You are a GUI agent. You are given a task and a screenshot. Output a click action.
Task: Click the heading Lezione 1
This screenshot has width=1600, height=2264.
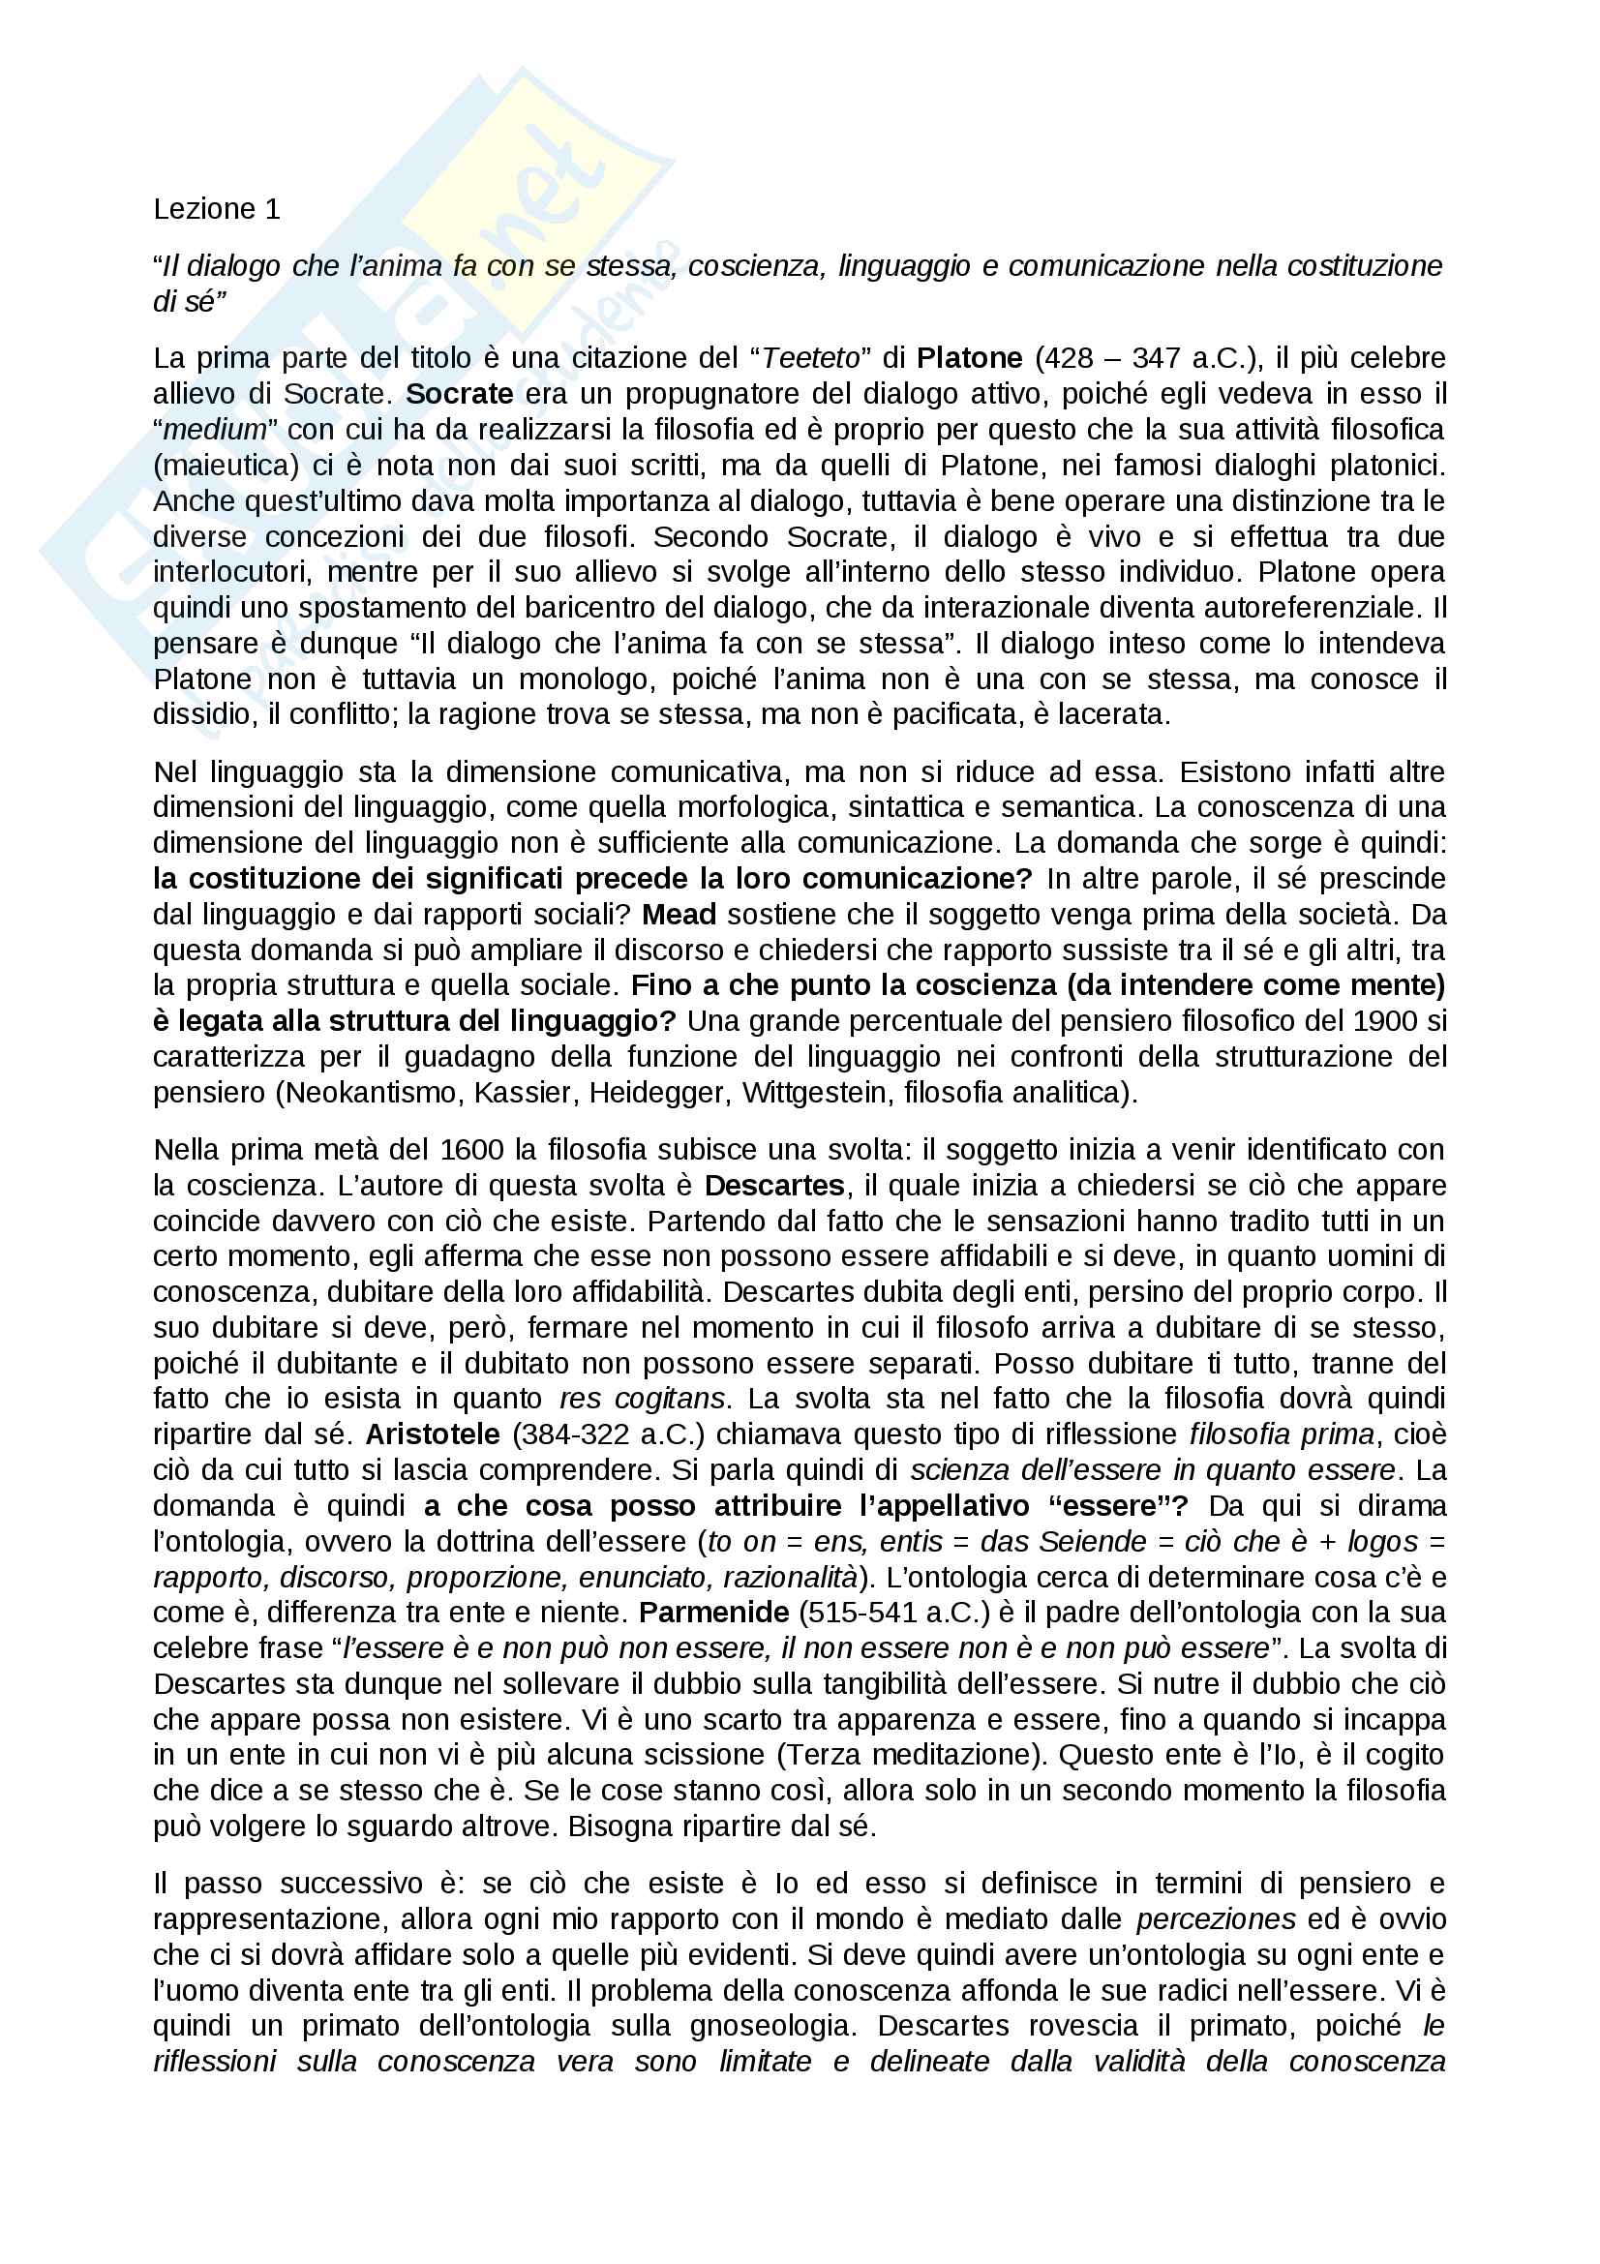coord(216,209)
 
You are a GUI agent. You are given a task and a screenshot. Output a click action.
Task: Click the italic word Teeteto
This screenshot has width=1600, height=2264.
coord(811,358)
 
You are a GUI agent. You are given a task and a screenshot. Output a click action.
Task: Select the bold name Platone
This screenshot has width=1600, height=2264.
coord(969,358)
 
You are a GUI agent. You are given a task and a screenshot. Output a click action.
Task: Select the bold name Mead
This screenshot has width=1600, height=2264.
coord(679,914)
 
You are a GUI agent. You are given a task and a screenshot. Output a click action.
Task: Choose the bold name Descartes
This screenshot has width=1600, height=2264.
coord(775,1186)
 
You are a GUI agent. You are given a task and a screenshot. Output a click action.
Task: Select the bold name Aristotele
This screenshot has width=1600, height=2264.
coord(433,1434)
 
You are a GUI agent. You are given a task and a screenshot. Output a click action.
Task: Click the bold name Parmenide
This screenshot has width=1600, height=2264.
coord(713,1613)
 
